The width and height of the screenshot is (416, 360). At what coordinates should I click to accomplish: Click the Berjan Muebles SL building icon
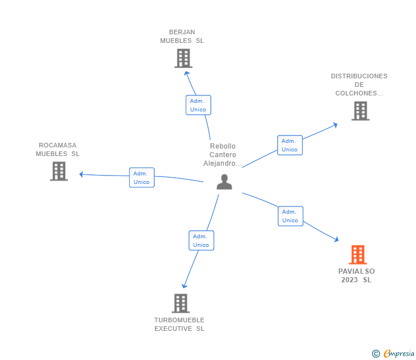[x=183, y=58]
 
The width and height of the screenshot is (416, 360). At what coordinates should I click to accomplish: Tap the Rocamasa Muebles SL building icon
[x=59, y=171]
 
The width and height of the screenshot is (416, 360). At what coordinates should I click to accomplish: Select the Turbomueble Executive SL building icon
[x=181, y=303]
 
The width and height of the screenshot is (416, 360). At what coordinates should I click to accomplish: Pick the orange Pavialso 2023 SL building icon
[x=358, y=254]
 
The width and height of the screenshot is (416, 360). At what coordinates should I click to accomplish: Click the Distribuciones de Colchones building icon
[x=360, y=111]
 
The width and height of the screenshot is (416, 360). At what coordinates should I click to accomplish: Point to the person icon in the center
[x=225, y=182]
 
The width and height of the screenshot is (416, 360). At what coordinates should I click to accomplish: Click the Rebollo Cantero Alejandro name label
[x=223, y=155]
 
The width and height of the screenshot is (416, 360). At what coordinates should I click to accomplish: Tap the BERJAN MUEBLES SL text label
[x=182, y=37]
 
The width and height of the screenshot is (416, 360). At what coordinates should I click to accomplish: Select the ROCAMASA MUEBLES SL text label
[x=58, y=150]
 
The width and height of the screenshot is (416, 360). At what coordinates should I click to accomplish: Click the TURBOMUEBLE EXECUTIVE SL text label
[x=179, y=325]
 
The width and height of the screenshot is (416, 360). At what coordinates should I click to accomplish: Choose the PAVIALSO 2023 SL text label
[x=357, y=275]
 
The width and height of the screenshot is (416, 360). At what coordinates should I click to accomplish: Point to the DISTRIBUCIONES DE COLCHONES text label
[x=359, y=85]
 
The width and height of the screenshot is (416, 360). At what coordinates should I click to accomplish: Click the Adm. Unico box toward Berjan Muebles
[x=198, y=105]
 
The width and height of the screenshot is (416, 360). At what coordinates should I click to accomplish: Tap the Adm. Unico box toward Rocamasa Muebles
[x=141, y=178]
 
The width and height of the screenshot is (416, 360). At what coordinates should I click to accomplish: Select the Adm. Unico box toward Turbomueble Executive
[x=201, y=241]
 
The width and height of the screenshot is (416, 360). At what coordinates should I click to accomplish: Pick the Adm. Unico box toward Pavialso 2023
[x=290, y=216]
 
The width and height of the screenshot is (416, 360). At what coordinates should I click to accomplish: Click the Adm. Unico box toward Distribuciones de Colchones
[x=290, y=145]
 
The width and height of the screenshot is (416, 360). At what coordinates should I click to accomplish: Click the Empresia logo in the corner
[x=399, y=353]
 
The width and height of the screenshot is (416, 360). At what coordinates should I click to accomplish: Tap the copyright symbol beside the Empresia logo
[x=375, y=354]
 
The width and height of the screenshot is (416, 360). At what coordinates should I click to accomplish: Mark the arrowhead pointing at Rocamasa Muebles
[x=82, y=174]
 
